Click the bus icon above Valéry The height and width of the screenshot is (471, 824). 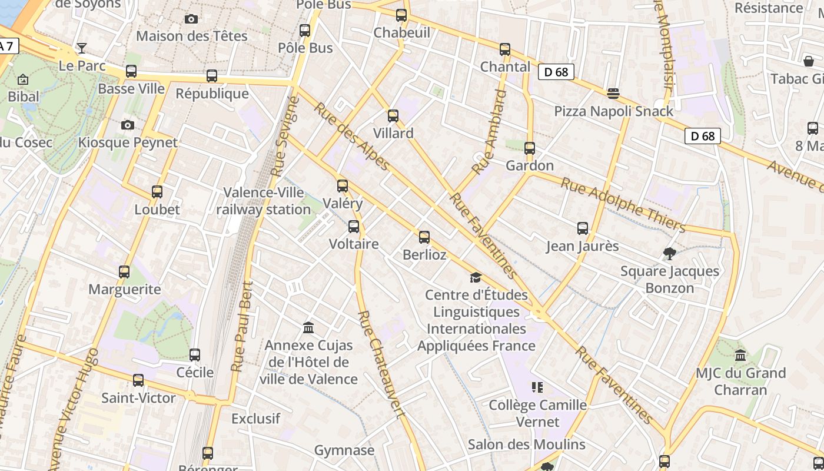(343, 186)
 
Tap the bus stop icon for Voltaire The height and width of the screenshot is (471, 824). (354, 226)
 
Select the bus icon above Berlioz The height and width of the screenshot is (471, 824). (424, 237)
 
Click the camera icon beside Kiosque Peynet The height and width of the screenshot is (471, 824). (127, 125)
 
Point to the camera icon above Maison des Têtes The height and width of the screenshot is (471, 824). (191, 19)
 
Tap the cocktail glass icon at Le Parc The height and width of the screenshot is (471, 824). (82, 48)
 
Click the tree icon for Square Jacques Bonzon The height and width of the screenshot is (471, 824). (669, 254)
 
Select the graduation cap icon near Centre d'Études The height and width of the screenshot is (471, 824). (476, 277)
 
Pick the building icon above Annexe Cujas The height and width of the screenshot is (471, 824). (308, 327)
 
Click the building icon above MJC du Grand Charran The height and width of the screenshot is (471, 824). (740, 355)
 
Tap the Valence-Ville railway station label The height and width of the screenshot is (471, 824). (264, 201)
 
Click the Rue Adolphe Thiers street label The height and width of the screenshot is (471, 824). (623, 205)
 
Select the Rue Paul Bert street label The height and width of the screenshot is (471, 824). (242, 327)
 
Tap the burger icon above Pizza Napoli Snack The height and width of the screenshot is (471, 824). (613, 93)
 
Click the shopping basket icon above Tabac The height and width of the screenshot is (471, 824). (809, 61)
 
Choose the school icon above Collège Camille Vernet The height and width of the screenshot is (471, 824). (537, 387)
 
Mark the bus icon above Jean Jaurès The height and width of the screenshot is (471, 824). (583, 228)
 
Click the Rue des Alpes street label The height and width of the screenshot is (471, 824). (351, 136)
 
